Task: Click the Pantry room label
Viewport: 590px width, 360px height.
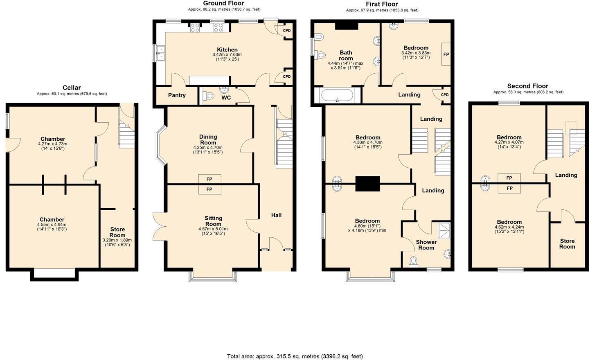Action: click(177, 95)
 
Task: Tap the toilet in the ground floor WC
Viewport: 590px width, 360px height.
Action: click(209, 96)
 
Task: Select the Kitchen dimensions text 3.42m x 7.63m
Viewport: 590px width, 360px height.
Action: click(227, 54)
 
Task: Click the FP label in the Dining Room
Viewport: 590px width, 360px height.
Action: click(209, 179)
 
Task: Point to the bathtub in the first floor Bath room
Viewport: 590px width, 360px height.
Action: click(337, 95)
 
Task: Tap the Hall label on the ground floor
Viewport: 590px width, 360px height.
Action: click(276, 215)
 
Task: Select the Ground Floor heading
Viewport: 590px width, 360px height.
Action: click(223, 3)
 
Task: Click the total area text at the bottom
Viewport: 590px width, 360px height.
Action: click(295, 356)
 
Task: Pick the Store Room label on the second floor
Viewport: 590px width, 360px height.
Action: click(567, 244)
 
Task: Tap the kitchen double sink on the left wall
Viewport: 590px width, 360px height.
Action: click(161, 53)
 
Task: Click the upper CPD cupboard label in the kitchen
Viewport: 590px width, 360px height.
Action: click(287, 31)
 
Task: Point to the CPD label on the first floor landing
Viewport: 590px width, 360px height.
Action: click(445, 95)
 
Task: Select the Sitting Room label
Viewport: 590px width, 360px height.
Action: click(213, 221)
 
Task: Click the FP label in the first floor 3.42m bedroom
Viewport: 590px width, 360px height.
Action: click(446, 54)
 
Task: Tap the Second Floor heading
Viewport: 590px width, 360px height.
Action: click(527, 86)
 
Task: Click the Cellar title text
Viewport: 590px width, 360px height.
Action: click(72, 88)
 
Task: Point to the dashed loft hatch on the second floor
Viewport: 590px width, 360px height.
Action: click(571, 128)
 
